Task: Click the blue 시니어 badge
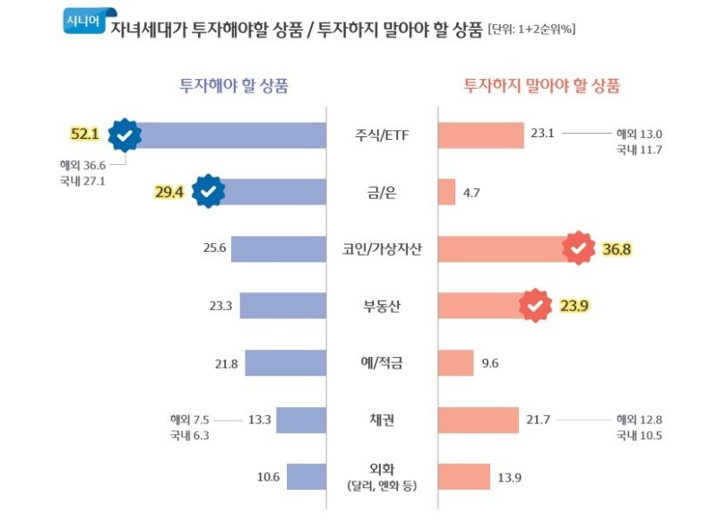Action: coord(83,19)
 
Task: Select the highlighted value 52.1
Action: coord(84,135)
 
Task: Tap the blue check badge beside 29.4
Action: coord(209,191)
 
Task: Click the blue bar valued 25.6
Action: coord(278,248)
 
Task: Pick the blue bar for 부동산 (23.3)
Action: coord(282,306)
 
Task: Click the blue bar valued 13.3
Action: coord(302,420)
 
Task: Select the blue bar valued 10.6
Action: coord(306,477)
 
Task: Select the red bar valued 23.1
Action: coord(480,135)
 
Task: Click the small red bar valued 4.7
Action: coord(446,192)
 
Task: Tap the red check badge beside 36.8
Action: coord(579,248)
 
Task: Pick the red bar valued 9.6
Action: coord(455,363)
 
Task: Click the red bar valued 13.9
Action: coord(463,477)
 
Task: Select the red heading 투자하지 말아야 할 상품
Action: coord(541,87)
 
